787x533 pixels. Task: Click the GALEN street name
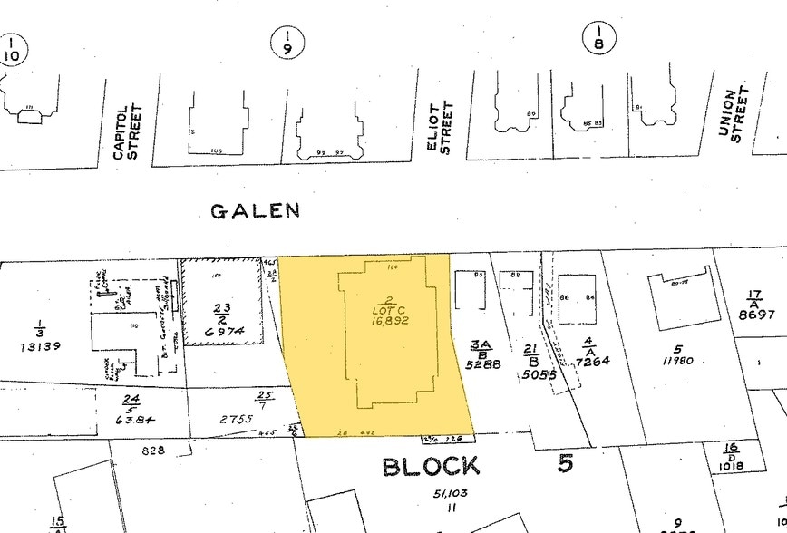(x=255, y=211)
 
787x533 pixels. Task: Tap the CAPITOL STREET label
(x=127, y=132)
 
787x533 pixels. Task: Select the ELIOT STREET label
(x=439, y=128)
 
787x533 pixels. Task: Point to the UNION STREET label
(x=734, y=114)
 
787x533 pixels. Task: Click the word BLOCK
(x=431, y=467)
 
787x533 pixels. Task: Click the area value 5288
(x=481, y=365)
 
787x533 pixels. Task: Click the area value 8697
(x=756, y=315)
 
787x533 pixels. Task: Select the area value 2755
(x=233, y=420)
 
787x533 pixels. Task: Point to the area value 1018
(x=729, y=466)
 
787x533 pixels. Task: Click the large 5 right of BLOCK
(x=566, y=464)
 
